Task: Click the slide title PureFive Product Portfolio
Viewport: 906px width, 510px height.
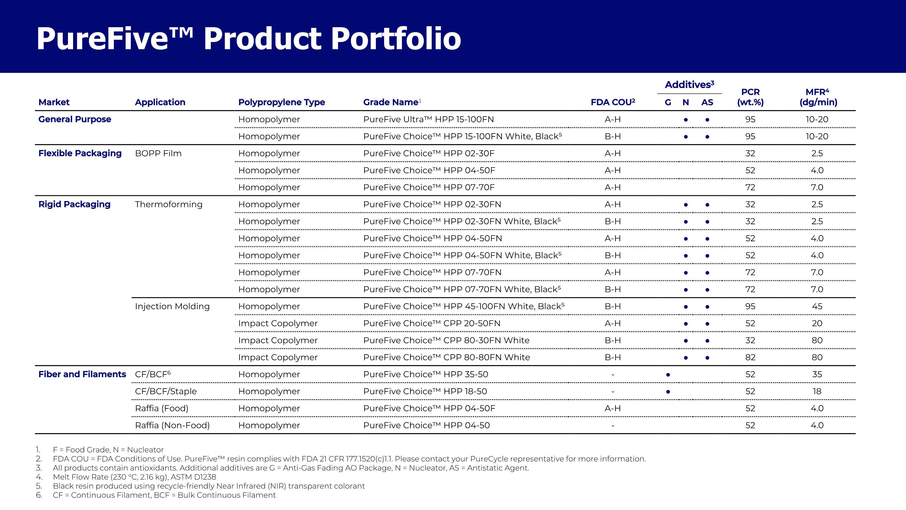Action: coord(249,39)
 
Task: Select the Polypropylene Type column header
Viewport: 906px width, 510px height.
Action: coord(281,102)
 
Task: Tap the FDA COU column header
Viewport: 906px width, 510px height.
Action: coord(613,102)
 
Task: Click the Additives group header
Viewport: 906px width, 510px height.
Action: coord(689,84)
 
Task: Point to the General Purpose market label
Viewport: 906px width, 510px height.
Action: coord(75,119)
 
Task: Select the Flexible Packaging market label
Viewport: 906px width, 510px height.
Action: coord(80,154)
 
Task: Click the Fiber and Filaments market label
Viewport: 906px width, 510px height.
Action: coord(82,374)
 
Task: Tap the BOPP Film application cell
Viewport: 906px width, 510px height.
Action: coord(158,154)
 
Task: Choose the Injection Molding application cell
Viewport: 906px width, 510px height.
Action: coord(172,307)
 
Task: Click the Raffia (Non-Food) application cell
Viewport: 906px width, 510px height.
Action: coord(172,426)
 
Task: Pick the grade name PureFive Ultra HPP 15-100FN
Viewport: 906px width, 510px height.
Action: coord(428,119)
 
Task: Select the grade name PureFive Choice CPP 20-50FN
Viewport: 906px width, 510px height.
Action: coord(432,323)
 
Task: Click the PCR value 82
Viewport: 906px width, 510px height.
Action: coord(750,357)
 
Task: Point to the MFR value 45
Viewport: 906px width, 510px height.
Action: coord(817,306)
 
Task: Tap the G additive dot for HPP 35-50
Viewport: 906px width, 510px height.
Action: coord(668,375)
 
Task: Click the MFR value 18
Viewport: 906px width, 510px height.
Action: coord(817,391)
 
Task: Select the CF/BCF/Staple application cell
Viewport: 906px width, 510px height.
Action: coord(166,391)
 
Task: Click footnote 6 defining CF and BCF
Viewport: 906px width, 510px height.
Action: coord(156,495)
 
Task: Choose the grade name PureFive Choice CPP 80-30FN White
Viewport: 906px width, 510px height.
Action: coord(446,340)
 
